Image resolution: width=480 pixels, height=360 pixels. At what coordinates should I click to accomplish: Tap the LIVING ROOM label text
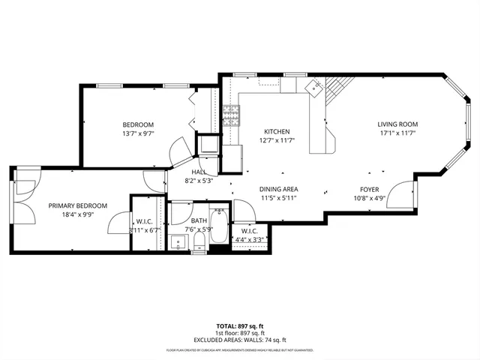click(x=397, y=124)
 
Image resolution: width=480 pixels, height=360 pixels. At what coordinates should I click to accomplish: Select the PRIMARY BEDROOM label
click(x=78, y=205)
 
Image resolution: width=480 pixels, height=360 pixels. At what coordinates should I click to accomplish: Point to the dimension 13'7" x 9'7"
click(x=138, y=133)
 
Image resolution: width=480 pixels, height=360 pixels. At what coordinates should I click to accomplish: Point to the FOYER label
click(x=369, y=190)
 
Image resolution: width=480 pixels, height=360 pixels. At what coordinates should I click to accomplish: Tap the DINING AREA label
click(x=279, y=190)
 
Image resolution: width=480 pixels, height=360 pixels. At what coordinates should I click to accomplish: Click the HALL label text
click(x=199, y=172)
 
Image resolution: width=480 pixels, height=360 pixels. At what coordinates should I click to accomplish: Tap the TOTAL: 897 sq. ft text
click(x=239, y=326)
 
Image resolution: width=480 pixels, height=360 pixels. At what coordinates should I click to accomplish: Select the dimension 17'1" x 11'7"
click(x=397, y=133)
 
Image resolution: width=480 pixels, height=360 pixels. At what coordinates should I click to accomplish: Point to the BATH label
click(x=199, y=220)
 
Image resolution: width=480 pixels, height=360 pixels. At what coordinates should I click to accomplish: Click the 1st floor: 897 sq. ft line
click(x=239, y=332)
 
